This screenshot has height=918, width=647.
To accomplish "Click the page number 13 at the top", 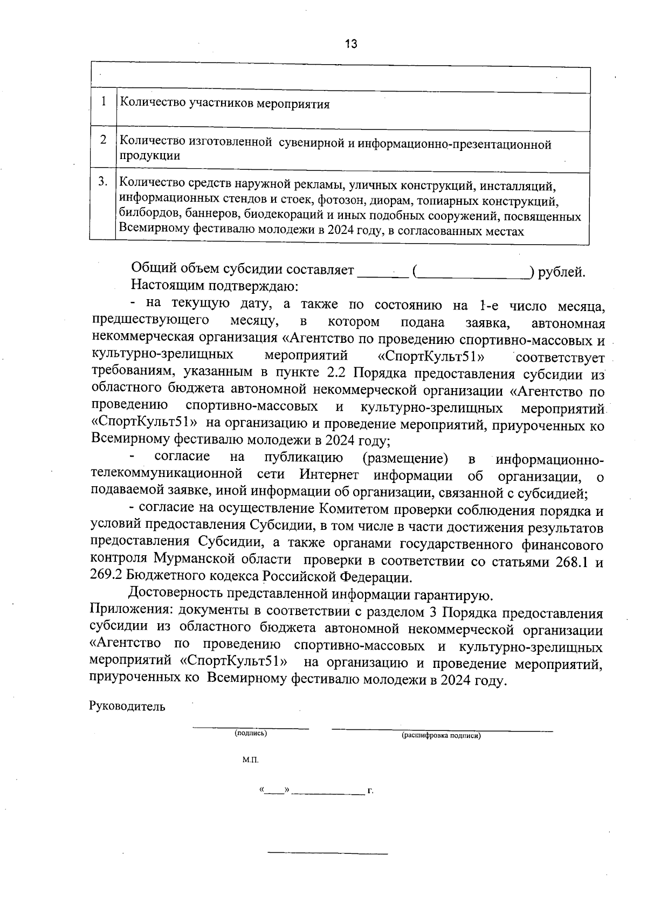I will click(350, 44).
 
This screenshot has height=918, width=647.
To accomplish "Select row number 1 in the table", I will click(103, 102).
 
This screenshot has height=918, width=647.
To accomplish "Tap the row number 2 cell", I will click(103, 140).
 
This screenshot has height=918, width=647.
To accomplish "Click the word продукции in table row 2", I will click(149, 156).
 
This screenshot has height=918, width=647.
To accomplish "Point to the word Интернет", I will click(329, 475).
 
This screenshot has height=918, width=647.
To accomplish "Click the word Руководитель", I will click(127, 707).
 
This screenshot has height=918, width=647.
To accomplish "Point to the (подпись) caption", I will click(250, 733).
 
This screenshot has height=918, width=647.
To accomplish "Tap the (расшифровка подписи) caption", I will click(441, 735).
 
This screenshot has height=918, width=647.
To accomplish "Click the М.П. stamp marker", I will click(251, 760).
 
